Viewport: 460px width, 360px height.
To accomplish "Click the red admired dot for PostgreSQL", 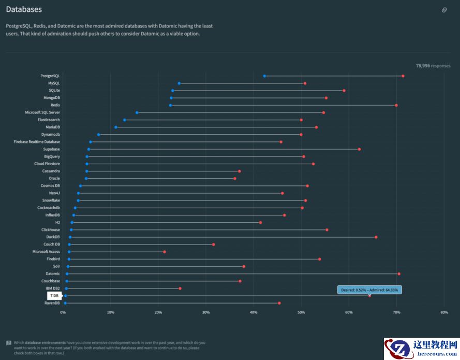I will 403,76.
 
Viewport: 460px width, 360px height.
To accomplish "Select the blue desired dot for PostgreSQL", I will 264,76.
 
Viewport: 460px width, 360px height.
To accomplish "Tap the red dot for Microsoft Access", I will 165,252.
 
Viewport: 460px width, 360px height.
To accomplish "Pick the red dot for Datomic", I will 399,273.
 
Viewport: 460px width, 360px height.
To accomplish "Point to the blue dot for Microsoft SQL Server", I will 137,112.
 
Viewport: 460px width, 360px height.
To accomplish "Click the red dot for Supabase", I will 360,149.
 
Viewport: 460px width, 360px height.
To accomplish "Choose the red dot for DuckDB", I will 376,237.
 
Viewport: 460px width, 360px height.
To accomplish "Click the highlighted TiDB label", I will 54,296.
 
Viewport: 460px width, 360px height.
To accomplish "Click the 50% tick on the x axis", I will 301,312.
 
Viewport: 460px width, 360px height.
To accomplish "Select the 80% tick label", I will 444,312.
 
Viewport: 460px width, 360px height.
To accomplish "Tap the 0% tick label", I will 63,312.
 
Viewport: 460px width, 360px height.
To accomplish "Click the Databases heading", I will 24,9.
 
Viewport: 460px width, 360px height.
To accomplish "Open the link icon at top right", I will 444,10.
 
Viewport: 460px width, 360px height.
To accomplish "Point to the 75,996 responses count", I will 433,66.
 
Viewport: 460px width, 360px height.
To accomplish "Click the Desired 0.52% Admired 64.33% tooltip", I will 369,290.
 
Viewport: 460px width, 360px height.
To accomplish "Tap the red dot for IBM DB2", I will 180,289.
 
